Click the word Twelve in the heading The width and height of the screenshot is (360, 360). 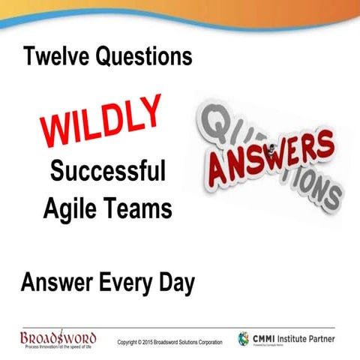click(57, 56)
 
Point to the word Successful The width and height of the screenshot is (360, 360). click(107, 172)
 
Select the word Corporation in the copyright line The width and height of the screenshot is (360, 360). click(207, 343)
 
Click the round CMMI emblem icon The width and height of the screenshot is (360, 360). click(244, 339)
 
